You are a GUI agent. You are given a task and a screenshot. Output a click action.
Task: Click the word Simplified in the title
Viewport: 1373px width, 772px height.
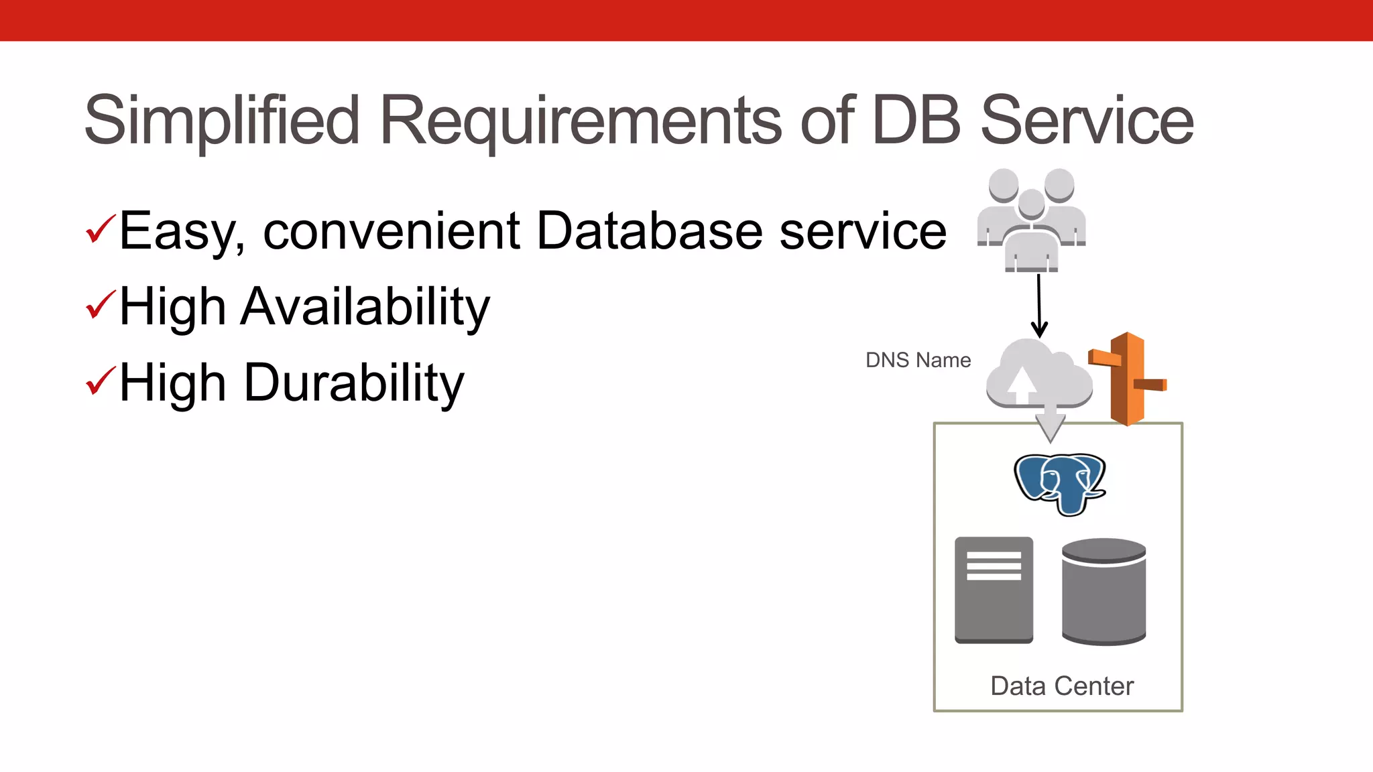coord(221,121)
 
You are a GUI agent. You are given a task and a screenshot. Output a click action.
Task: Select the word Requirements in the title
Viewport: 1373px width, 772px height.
coord(580,121)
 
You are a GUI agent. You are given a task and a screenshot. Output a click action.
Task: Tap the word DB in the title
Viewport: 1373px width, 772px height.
coord(916,121)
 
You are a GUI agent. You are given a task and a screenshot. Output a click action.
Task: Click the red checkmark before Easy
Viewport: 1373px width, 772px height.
coord(101,229)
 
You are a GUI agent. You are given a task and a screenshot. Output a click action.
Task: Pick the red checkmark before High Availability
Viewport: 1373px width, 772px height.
coord(101,304)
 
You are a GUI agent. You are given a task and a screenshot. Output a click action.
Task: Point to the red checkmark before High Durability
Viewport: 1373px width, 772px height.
coord(101,381)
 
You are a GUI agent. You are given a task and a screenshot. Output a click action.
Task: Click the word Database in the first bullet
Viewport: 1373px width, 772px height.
coord(649,231)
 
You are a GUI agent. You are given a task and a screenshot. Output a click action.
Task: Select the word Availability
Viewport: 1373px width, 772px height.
coord(365,307)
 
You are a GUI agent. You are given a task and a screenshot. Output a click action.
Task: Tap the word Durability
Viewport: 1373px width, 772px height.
coord(354,383)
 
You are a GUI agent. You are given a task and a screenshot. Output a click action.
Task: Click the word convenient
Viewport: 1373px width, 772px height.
coord(392,231)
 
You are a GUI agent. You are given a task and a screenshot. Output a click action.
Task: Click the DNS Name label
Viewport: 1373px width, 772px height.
coord(918,361)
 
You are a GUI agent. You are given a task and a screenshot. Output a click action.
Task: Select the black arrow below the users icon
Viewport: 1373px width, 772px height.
coord(1039,306)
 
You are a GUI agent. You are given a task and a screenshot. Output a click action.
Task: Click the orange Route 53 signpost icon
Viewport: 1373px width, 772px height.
coord(1127,379)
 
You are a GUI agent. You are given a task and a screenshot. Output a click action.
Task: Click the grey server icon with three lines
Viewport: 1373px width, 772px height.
coord(994,590)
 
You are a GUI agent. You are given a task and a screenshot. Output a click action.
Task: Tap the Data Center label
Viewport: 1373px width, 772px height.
coord(1062,686)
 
